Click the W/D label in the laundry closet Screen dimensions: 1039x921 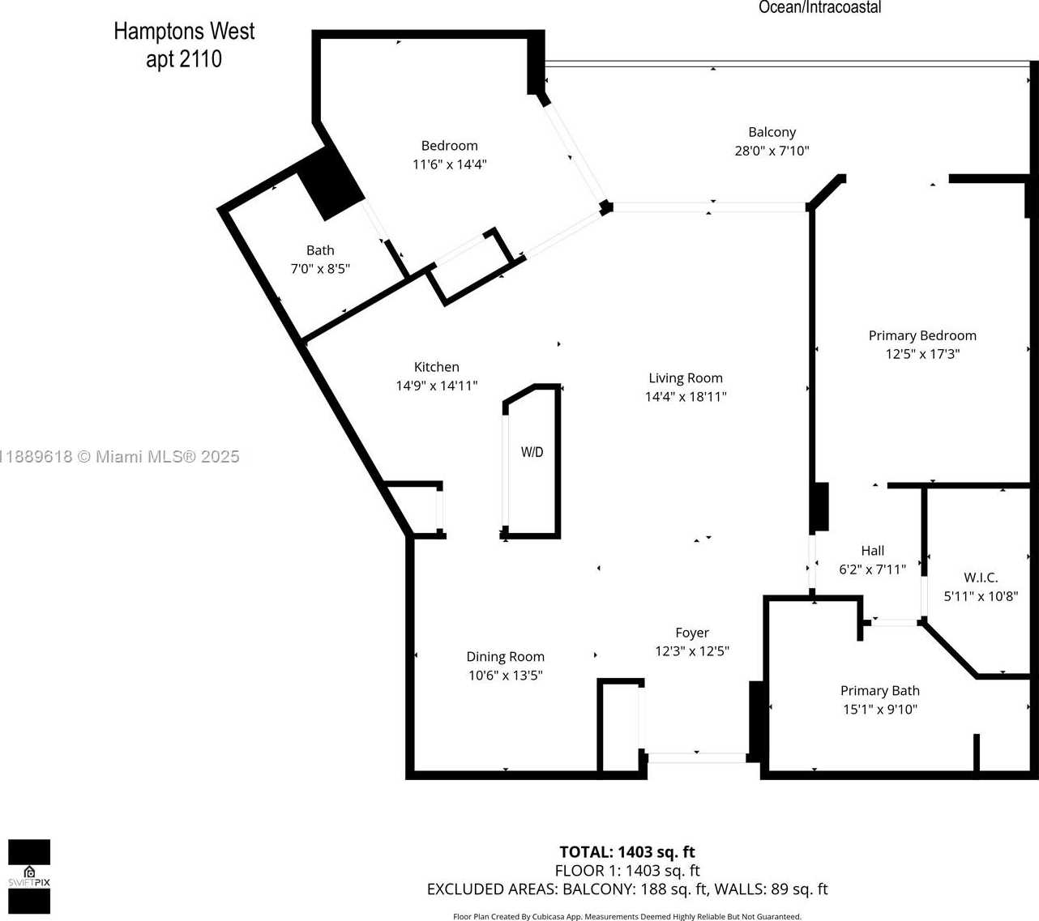[532, 451]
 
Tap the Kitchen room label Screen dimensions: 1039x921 [436, 367]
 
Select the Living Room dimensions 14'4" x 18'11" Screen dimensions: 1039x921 [686, 397]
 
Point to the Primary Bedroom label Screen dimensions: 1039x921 [922, 335]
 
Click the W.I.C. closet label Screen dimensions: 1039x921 [981, 578]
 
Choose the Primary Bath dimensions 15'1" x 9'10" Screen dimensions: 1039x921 [880, 710]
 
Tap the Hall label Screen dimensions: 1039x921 [872, 551]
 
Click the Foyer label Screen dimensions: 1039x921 [692, 633]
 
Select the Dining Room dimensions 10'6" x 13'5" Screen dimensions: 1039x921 [505, 676]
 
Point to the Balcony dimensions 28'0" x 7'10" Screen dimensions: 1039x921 [772, 151]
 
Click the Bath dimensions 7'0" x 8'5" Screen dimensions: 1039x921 [320, 269]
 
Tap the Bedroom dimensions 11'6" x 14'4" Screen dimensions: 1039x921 [449, 164]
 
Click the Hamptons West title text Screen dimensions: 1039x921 [184, 32]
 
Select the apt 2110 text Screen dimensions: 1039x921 [184, 59]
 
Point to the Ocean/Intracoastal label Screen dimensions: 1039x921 [819, 7]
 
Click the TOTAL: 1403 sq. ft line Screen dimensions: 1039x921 [627, 852]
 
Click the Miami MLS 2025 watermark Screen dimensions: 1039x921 [119, 457]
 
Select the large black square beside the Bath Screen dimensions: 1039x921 [331, 184]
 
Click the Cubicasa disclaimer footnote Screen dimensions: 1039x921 [627, 916]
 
